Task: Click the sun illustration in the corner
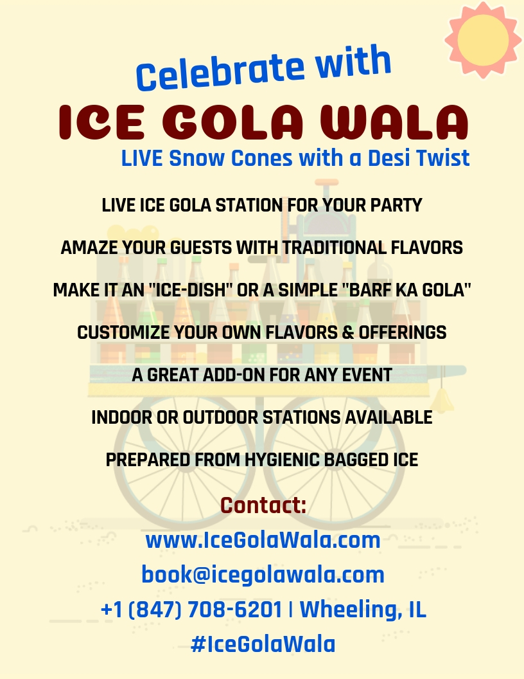click(x=483, y=39)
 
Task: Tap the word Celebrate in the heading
click(x=220, y=72)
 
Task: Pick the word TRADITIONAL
click(x=334, y=248)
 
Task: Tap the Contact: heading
click(x=263, y=505)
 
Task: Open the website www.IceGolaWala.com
click(x=263, y=540)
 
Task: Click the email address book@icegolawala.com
click(x=263, y=575)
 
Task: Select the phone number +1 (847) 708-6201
click(x=191, y=610)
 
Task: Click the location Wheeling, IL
click(x=363, y=610)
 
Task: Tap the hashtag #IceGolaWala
click(x=263, y=644)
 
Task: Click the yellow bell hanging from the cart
click(x=442, y=400)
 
